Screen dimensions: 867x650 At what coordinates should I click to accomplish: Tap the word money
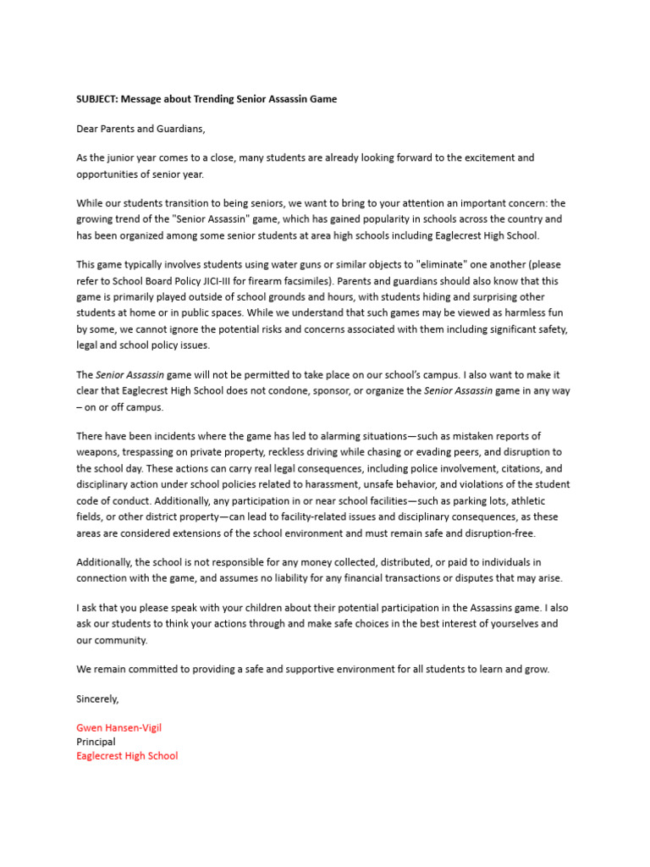pos(275,562)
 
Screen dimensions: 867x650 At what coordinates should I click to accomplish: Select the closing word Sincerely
pos(98,699)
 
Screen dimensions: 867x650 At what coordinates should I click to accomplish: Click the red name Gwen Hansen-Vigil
pos(118,727)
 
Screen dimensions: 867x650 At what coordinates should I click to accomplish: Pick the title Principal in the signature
pos(96,742)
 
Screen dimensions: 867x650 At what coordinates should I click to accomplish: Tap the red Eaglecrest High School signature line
pos(127,756)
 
